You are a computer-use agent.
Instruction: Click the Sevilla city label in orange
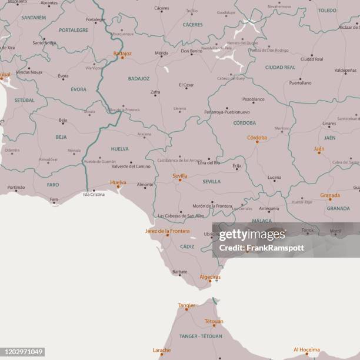pos(180,175)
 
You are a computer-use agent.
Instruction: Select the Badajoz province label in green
pos(139,78)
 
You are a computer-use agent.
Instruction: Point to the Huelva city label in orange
pos(118,182)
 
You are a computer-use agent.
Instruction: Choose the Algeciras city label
pos(210,276)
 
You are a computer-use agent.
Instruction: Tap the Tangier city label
pos(186,305)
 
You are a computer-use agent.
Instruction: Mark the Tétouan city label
pos(214,321)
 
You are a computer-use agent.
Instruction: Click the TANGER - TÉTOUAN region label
pos(201,336)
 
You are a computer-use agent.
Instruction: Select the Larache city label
pos(162,350)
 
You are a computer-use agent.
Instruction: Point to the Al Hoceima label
pos(306,349)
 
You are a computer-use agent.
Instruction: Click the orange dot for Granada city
pos(329,199)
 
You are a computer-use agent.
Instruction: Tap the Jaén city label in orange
pos(319,149)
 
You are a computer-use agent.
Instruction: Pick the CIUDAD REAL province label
pos(280,68)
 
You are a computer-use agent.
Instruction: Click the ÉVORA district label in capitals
pos(78,89)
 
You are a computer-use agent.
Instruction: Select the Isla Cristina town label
pos(94,194)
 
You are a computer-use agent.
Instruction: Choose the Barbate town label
pos(180,272)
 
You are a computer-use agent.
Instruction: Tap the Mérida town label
pos(161,53)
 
